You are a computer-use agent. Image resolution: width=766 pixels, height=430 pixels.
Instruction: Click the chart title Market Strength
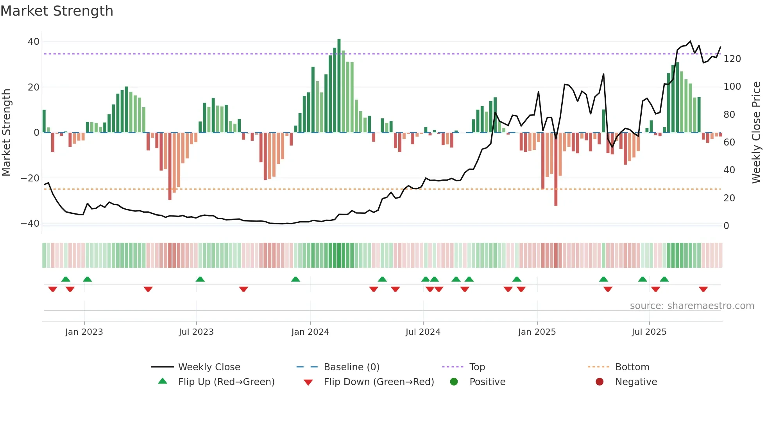pos(57,11)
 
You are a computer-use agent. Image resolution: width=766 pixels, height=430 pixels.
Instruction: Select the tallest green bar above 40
pos(339,86)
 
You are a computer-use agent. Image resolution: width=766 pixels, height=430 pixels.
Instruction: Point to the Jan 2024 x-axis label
pos(310,332)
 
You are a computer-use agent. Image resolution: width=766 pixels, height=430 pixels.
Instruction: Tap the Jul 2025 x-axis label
pos(649,332)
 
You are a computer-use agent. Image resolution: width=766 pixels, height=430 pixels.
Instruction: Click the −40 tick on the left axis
pos(30,224)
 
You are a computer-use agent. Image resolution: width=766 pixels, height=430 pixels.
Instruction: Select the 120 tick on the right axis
pos(732,59)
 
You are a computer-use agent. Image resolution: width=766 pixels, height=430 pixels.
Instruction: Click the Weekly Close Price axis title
pos(756,133)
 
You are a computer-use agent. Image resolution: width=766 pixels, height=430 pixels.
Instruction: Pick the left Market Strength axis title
pos(6,133)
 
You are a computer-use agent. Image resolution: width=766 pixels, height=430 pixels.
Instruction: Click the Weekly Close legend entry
pos(209,367)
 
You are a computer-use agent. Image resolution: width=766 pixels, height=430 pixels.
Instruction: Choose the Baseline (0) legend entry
pos(351,367)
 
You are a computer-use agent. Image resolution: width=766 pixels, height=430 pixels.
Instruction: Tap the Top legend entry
pos(477,367)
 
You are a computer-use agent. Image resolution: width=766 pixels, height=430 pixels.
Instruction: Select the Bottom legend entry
pos(632,367)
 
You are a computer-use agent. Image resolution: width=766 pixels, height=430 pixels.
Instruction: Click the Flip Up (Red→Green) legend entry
pos(226,382)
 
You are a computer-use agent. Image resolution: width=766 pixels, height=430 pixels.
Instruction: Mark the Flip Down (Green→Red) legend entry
pos(379,382)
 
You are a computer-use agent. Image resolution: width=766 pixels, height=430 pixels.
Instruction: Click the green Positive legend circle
pos(454,382)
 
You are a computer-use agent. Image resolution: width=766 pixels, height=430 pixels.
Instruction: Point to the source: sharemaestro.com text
pos(692,306)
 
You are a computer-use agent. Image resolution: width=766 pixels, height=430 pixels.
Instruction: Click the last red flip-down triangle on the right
pos(703,289)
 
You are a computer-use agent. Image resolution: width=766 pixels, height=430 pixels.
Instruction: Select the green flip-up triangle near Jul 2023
pos(200,279)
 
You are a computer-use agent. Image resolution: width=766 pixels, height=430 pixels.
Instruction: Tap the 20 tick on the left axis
pos(34,87)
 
